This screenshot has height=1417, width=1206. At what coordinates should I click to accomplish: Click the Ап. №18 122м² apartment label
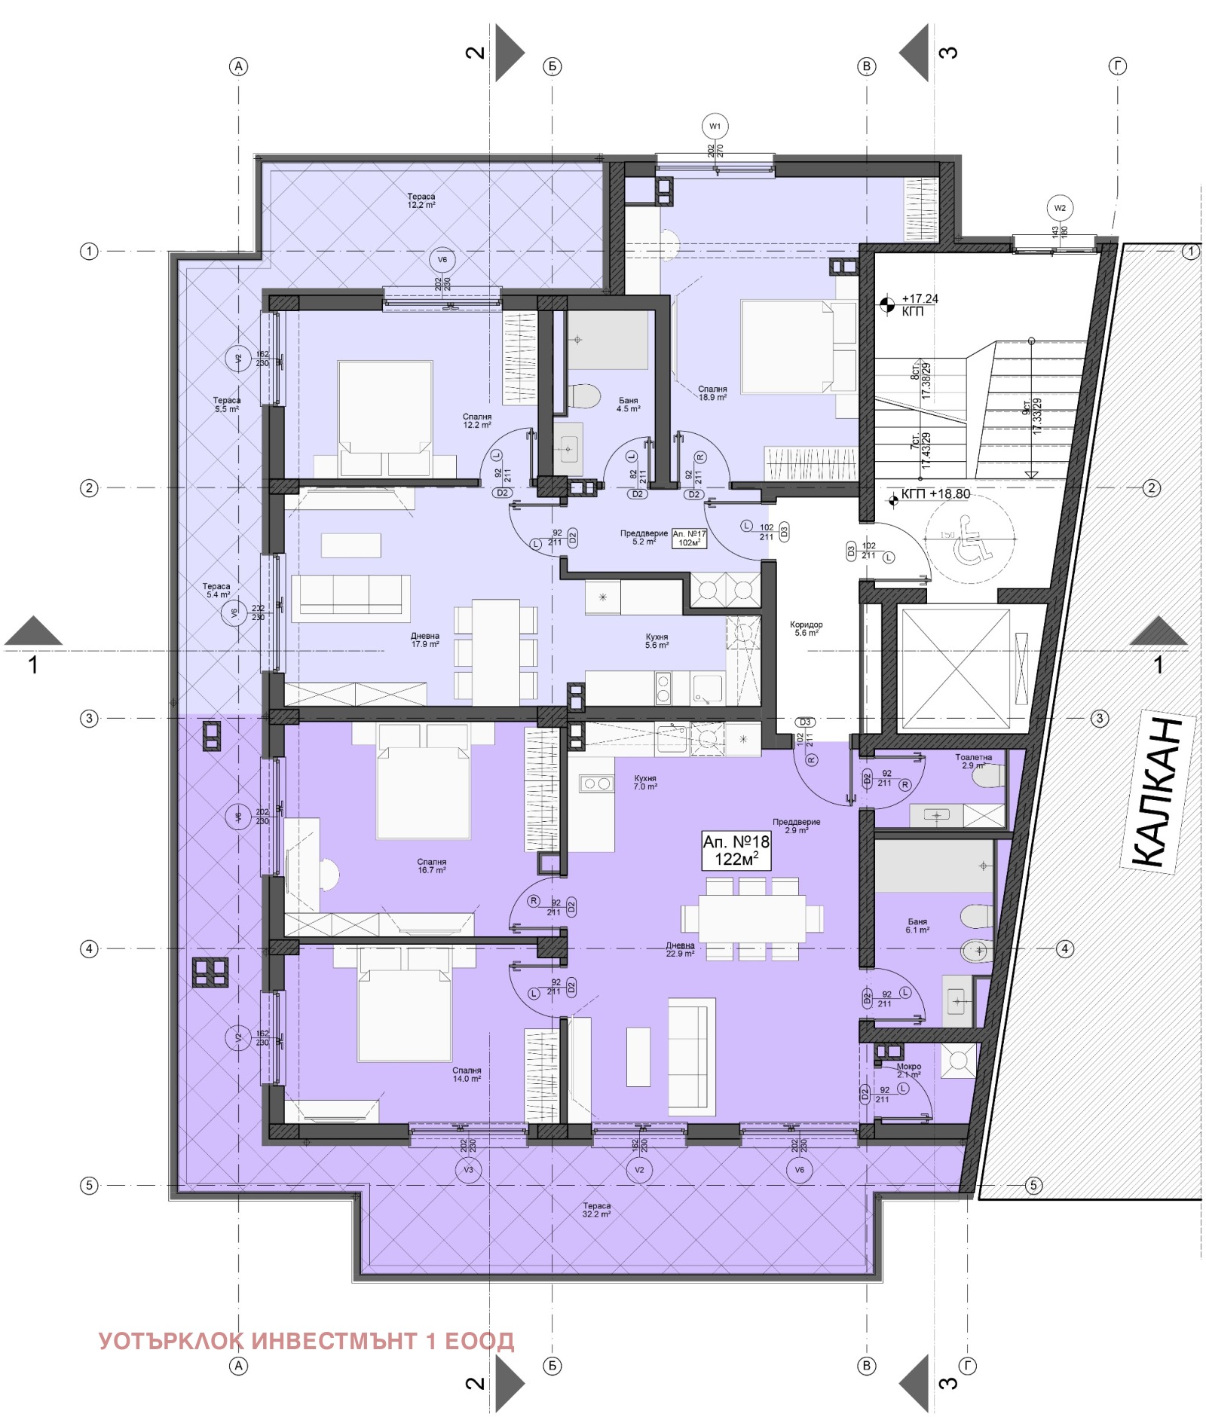(x=735, y=850)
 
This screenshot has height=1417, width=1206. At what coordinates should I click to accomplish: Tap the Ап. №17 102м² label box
(x=688, y=538)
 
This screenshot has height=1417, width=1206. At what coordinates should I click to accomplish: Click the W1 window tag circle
(x=714, y=127)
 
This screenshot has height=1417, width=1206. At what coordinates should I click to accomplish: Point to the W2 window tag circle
(x=1059, y=208)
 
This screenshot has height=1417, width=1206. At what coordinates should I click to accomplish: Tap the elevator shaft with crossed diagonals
(x=955, y=669)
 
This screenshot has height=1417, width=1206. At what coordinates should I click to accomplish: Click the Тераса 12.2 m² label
(x=421, y=200)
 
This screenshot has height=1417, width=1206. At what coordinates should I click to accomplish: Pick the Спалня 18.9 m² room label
(x=712, y=393)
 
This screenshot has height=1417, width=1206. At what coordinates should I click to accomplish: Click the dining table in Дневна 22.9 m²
(x=751, y=918)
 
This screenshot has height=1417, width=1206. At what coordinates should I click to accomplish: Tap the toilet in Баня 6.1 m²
(x=976, y=917)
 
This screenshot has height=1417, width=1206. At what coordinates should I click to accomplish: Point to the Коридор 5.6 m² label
(x=805, y=628)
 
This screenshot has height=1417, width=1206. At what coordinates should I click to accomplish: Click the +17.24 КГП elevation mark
(x=912, y=304)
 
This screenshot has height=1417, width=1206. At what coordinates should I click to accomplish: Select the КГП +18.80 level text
(x=935, y=494)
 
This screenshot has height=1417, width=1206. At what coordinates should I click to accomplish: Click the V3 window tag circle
(x=468, y=1169)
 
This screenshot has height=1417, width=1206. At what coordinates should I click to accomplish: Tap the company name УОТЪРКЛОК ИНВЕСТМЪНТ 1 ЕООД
(x=306, y=1341)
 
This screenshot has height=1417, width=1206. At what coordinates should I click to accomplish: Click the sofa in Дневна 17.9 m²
(x=350, y=597)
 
